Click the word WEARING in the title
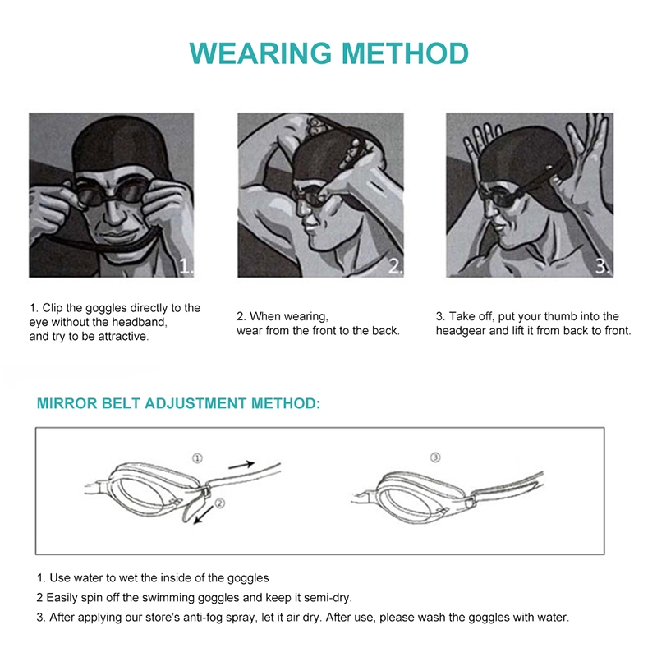[260, 53]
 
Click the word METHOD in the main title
[405, 53]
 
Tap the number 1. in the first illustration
[186, 266]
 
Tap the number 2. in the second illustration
[395, 266]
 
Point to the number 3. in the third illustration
[603, 266]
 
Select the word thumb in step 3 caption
[559, 316]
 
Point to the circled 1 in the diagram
[197, 458]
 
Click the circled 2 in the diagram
[220, 503]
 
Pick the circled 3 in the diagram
[435, 457]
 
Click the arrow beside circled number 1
[241, 464]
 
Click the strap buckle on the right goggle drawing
[471, 502]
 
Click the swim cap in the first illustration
[111, 145]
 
